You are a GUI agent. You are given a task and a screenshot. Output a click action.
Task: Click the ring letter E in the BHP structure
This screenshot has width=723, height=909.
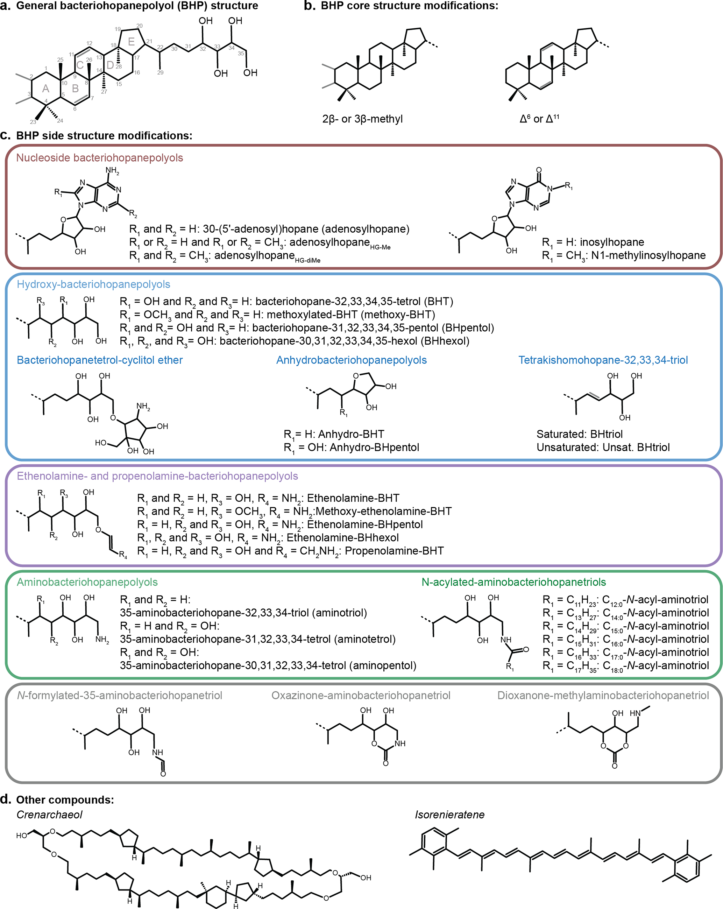point(131,41)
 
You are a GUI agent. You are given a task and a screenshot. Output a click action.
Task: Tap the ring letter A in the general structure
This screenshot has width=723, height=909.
point(45,89)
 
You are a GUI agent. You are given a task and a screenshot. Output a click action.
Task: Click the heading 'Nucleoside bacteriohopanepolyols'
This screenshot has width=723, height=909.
point(99,158)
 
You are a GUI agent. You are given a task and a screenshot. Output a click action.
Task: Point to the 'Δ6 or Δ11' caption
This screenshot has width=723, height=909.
point(539,119)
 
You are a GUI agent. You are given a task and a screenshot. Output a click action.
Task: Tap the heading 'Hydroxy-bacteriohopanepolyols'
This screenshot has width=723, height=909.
point(93,284)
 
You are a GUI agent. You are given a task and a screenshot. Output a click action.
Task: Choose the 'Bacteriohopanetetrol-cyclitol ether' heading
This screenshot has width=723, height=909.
point(99,360)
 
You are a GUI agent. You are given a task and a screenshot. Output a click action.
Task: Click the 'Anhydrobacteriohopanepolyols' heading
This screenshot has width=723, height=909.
point(351,360)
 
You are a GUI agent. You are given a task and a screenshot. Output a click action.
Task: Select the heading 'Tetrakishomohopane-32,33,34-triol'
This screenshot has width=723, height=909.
point(603,360)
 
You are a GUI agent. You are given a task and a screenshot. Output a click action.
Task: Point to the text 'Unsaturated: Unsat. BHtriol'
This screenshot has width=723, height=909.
point(603,448)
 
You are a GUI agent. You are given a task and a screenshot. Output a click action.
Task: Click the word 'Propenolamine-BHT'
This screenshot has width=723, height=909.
point(394,551)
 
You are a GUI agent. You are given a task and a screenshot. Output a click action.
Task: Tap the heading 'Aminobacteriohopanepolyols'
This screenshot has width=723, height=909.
point(87,582)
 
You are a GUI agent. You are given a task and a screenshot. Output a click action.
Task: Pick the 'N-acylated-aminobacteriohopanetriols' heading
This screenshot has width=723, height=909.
point(513,582)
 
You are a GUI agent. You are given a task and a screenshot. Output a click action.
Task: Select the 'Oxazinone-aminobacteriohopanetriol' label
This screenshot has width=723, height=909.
point(360,695)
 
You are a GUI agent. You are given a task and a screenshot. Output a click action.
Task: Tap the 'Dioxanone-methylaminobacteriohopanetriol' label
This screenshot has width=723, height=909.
point(603,695)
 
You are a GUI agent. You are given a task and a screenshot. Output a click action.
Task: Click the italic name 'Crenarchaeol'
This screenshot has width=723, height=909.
point(49,815)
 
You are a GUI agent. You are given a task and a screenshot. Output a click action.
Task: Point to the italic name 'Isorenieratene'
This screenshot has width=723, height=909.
point(449,815)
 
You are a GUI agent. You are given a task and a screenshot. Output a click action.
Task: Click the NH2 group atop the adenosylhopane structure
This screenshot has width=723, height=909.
point(112,171)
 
